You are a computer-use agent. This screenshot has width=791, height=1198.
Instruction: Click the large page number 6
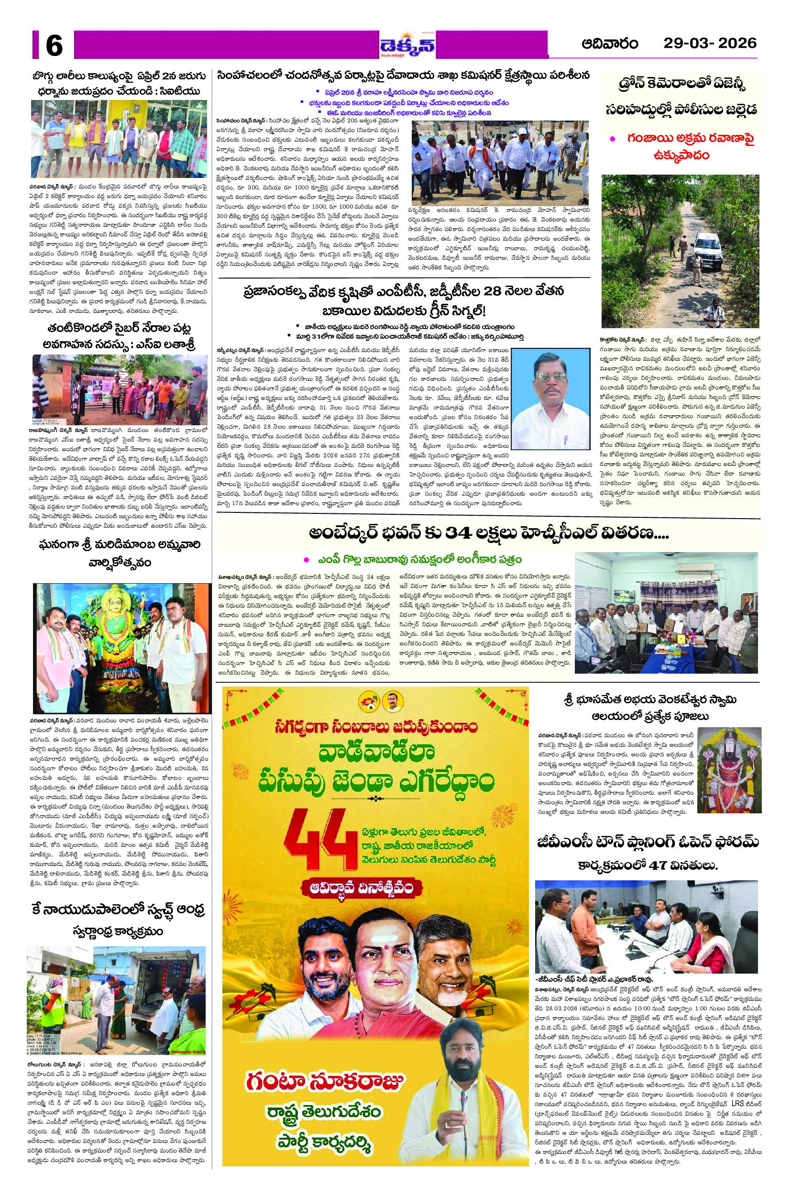click(54, 45)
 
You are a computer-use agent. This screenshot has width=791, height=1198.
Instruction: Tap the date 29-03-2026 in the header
click(710, 44)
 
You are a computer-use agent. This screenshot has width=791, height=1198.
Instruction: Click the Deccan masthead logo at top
click(407, 46)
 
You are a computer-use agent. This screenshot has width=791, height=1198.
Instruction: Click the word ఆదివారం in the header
click(610, 44)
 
